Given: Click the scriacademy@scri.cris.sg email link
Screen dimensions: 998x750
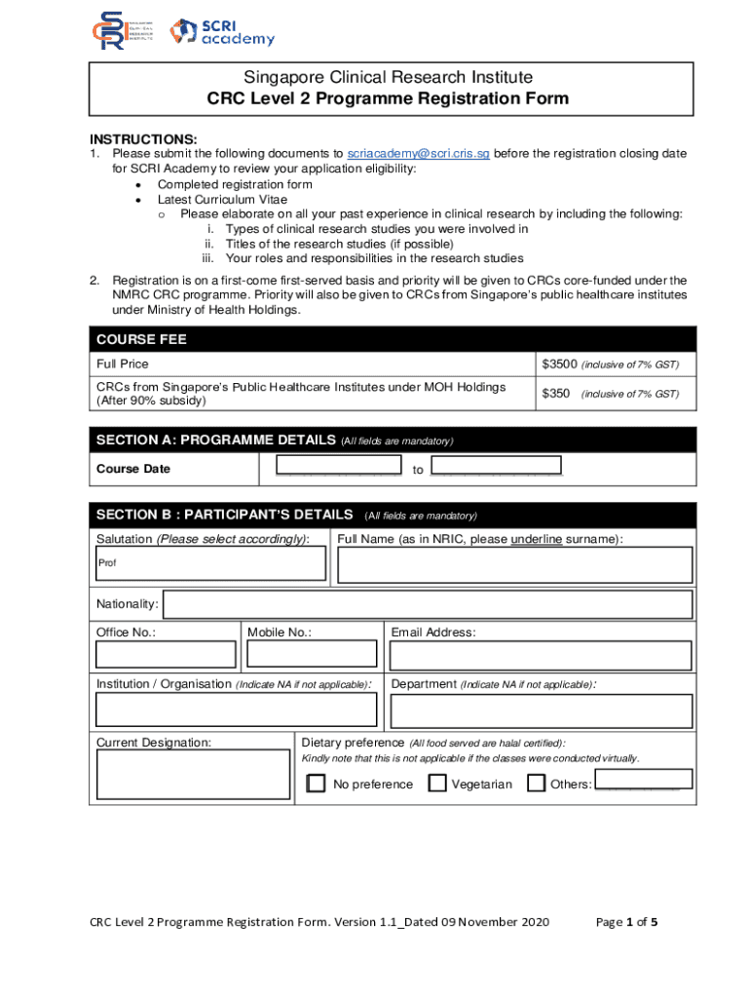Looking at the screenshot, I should (419, 154).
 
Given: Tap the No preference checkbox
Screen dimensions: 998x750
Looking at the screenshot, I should (317, 784).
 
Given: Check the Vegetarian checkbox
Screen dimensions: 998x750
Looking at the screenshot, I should (438, 784).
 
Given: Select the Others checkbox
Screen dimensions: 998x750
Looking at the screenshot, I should (537, 784).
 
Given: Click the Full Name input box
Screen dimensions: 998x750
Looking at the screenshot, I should (514, 565).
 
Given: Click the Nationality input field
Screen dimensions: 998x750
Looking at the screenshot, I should (428, 604).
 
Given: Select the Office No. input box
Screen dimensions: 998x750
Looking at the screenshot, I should (166, 655).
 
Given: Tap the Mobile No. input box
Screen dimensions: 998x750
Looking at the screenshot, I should (313, 655).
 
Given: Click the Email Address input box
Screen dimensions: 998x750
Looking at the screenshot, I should (541, 655).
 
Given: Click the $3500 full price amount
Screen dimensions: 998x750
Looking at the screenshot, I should (559, 365).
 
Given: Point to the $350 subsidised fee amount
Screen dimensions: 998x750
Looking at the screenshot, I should (555, 394).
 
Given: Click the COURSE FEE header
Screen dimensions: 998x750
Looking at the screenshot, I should (142, 339).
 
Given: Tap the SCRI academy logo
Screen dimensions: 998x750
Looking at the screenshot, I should (222, 32).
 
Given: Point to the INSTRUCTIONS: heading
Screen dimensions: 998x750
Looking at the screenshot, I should (144, 139).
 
